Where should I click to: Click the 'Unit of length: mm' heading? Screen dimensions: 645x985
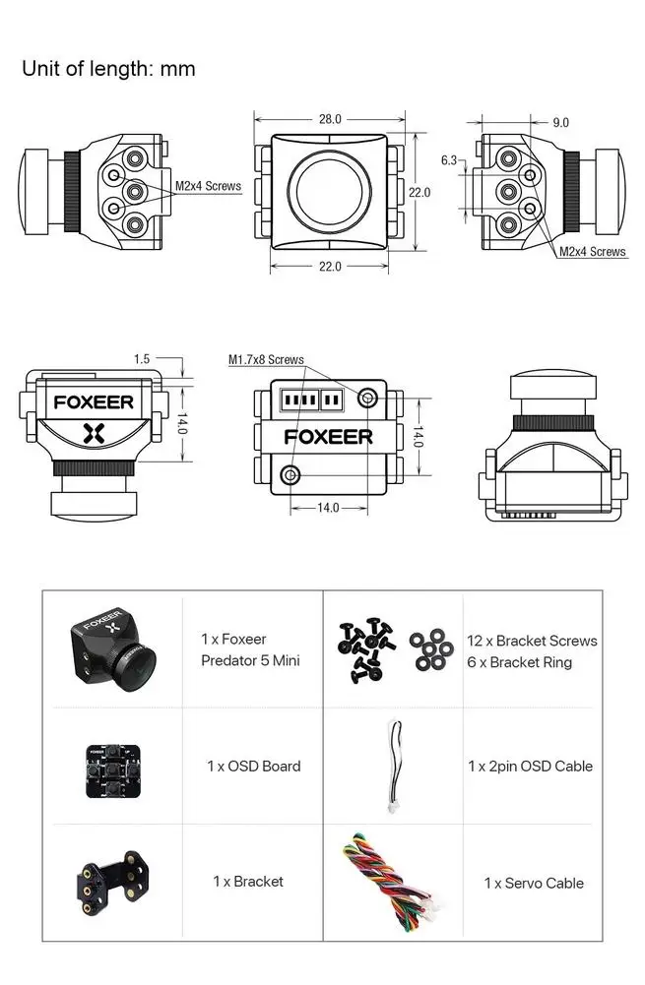pyautogui.click(x=108, y=69)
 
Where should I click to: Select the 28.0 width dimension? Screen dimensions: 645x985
pyautogui.click(x=330, y=119)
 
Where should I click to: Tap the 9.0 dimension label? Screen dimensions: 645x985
pyautogui.click(x=560, y=123)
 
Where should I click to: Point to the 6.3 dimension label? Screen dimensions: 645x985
pyautogui.click(x=448, y=159)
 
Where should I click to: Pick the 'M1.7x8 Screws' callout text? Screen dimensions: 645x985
pyautogui.click(x=266, y=360)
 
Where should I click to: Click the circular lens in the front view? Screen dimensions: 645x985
pyautogui.click(x=329, y=190)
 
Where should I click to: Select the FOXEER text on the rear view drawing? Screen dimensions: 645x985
pyautogui.click(x=329, y=436)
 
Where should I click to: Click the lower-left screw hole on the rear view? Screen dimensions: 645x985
pyautogui.click(x=290, y=474)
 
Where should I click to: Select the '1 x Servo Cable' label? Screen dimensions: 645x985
pyautogui.click(x=533, y=884)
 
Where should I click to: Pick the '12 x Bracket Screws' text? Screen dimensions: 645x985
pyautogui.click(x=532, y=641)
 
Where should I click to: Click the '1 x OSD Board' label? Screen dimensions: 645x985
pyautogui.click(x=253, y=766)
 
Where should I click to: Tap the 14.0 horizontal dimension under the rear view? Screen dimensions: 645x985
pyautogui.click(x=328, y=508)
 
